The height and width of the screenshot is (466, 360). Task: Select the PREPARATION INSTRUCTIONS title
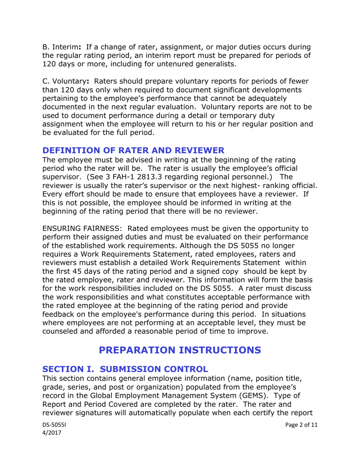coord(180,349)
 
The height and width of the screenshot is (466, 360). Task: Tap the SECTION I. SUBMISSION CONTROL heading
coord(125,368)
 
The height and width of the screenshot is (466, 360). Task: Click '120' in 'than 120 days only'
coord(64,90)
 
